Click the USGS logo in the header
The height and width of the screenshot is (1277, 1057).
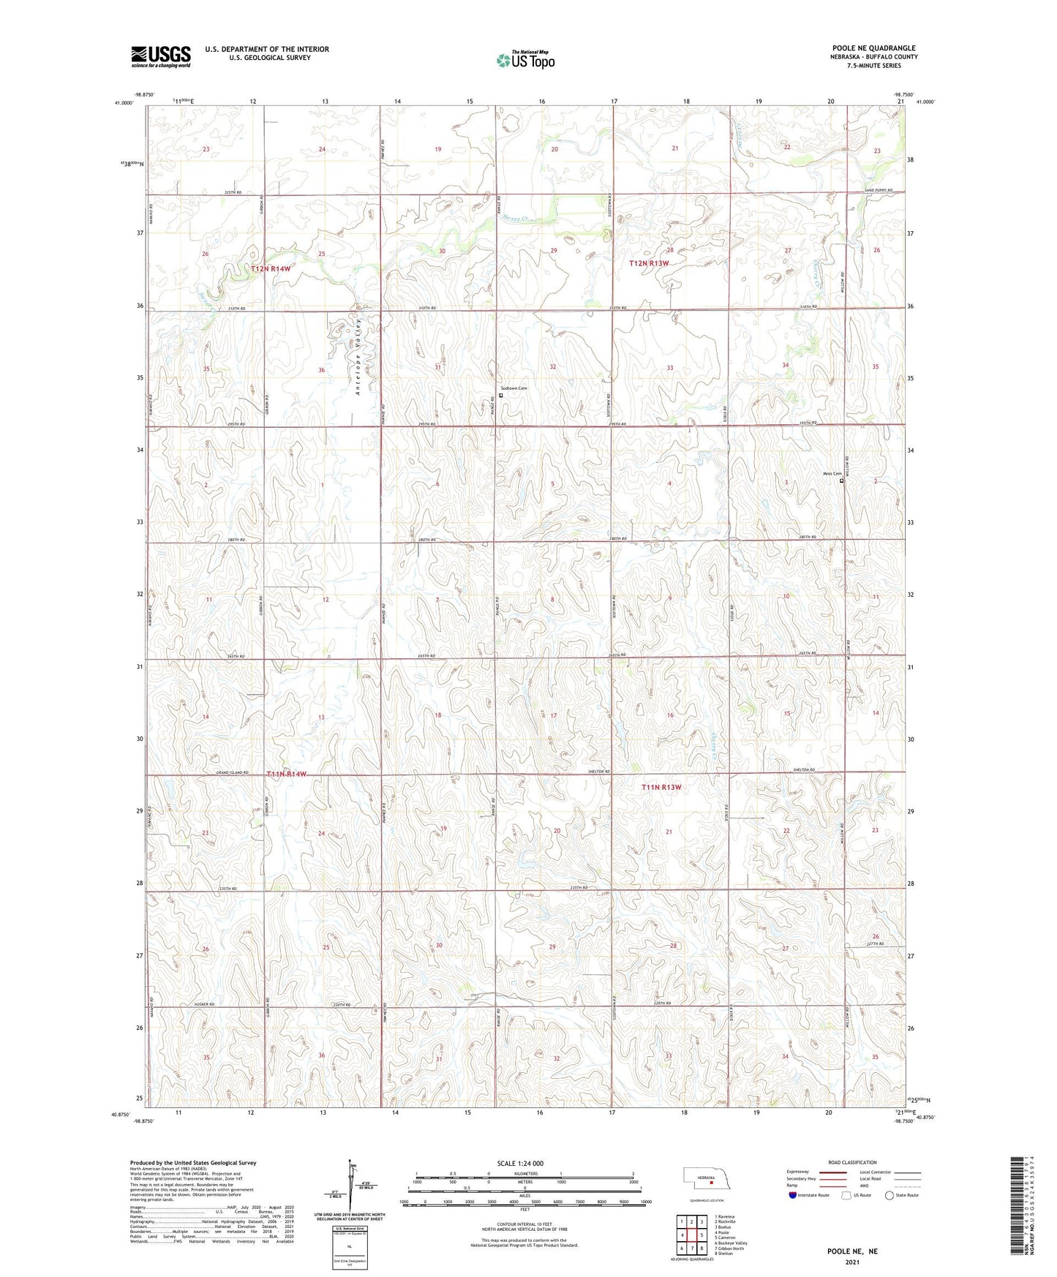click(161, 56)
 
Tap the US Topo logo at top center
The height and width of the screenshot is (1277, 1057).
click(524, 60)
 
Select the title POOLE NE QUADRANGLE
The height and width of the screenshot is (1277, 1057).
click(873, 48)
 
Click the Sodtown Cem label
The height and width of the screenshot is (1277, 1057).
click(514, 388)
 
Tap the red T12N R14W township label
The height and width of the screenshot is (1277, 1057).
click(271, 269)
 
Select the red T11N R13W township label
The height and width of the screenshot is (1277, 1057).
click(661, 787)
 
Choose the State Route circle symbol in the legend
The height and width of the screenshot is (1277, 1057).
click(889, 1195)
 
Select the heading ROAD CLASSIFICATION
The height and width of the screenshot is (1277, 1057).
click(853, 1162)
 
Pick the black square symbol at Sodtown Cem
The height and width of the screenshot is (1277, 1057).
click(501, 396)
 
